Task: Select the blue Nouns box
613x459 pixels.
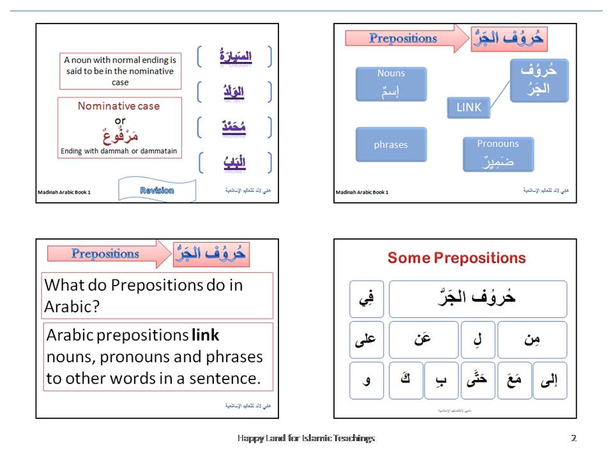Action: pos(391,84)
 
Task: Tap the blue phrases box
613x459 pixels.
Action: pos(391,145)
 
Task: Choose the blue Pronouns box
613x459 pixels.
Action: pos(498,154)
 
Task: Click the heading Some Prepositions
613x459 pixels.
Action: pos(457,258)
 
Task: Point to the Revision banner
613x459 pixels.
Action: pos(156,190)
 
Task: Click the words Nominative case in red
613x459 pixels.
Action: pos(119,106)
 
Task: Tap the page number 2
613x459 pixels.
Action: pos(573,438)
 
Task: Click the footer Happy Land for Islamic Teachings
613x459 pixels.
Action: pos(306,438)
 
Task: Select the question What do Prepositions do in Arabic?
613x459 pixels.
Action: pos(144,295)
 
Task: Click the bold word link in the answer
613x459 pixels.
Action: pos(205,335)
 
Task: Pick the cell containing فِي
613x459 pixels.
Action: pos(367,299)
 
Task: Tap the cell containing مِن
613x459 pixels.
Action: pos(532,340)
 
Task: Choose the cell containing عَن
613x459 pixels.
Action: pos(423,340)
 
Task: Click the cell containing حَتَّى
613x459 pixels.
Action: pos(478,381)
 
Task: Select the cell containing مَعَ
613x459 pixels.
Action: pos(515,381)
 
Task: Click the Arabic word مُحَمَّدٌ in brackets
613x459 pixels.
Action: pos(234,127)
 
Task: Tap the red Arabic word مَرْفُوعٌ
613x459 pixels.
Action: pos(120,136)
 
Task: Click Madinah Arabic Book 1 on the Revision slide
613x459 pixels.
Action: pos(64,192)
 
